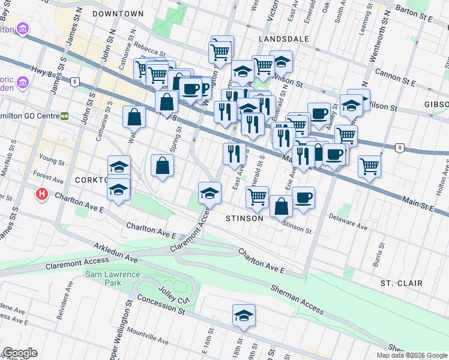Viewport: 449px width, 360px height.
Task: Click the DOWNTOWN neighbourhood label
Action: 118,13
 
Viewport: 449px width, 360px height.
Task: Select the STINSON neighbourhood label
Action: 244,218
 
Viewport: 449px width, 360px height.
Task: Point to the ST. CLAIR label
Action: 401,283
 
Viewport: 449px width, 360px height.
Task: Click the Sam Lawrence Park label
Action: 112,278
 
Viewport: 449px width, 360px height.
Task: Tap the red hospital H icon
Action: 41,194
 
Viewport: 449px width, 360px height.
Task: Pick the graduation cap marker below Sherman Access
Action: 244,316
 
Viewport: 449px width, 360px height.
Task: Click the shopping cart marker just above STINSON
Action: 257,196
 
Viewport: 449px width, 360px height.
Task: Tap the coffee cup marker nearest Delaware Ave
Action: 304,197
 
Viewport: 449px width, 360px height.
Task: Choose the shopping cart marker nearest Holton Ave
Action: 370,165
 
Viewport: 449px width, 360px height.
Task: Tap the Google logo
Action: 20,353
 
